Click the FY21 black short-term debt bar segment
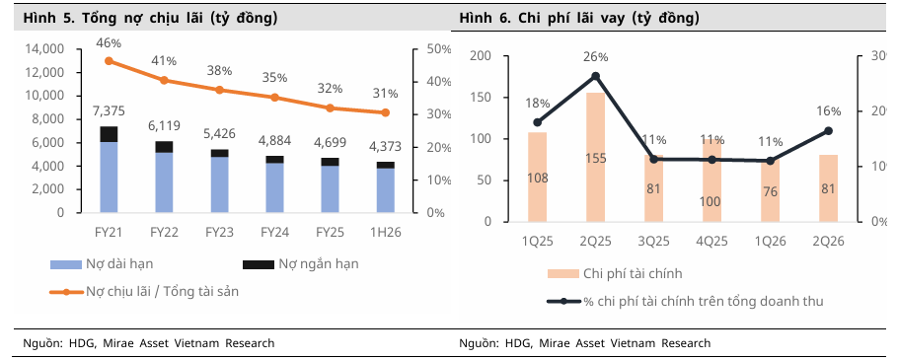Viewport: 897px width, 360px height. click(109, 134)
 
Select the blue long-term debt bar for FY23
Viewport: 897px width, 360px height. click(220, 184)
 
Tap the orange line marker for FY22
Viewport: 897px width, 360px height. click(164, 80)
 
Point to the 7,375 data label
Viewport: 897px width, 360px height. click(109, 110)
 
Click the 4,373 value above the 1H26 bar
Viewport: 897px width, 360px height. click(385, 147)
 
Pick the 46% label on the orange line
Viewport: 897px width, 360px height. click(109, 42)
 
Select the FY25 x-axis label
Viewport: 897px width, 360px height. click(330, 232)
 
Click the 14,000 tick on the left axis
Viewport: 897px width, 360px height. click(45, 49)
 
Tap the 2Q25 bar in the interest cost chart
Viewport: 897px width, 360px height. click(595, 157)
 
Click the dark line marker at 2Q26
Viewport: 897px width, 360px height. click(828, 131)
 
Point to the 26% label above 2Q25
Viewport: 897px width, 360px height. click(595, 57)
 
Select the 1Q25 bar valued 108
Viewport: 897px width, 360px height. click(537, 178)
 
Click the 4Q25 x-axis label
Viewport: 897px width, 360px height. click(712, 241)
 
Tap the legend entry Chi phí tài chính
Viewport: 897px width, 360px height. click(616, 274)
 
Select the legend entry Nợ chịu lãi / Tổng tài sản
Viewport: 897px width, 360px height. click(145, 291)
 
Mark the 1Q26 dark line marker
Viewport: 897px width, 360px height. click(770, 161)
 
